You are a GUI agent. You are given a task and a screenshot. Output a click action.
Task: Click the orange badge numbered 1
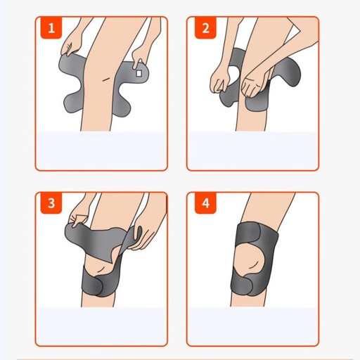(51, 28)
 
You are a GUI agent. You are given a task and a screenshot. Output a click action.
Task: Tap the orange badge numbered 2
(205, 28)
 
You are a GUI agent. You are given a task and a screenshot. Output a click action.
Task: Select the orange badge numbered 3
(51, 203)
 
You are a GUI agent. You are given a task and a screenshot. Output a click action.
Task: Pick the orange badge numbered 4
(205, 203)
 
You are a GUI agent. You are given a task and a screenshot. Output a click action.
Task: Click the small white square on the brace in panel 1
(139, 73)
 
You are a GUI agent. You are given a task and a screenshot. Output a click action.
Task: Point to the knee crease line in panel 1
(107, 79)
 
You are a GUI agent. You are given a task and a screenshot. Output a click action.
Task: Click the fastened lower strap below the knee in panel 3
(101, 285)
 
